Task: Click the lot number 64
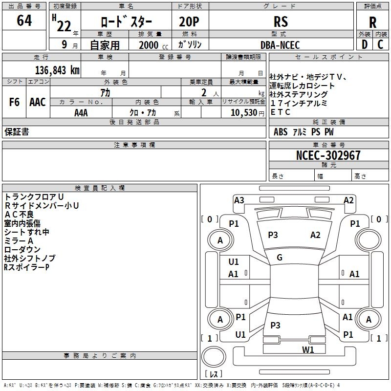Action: click(x=24, y=21)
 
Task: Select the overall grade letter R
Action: click(x=372, y=22)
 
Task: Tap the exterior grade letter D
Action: click(x=364, y=44)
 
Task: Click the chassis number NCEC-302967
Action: click(x=328, y=155)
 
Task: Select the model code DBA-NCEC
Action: click(x=280, y=45)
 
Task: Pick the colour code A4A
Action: click(x=81, y=112)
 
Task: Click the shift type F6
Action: click(x=15, y=102)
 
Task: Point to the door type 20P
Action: click(x=190, y=22)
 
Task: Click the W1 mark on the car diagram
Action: click(x=308, y=349)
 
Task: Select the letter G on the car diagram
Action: click(x=280, y=258)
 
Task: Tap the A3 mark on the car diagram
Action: click(x=239, y=200)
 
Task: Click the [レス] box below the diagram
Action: click(x=214, y=374)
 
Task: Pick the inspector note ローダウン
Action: click(x=22, y=249)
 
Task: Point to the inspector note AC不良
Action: click(x=19, y=214)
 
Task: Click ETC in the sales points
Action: click(x=281, y=112)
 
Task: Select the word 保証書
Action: click(x=17, y=131)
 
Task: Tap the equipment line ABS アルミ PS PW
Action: click(x=304, y=132)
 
